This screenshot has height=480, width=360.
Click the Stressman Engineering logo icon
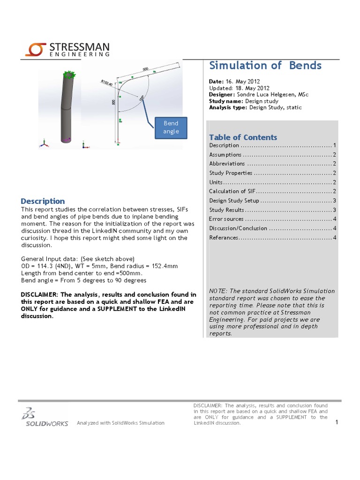point(35,49)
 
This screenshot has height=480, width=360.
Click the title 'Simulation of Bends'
point(265,65)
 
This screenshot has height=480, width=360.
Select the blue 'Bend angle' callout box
point(171,127)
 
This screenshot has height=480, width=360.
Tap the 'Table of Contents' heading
point(243,137)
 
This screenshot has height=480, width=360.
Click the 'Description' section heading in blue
point(43,201)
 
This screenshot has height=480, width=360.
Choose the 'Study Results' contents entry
point(226,210)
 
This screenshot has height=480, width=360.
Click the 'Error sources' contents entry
point(226,219)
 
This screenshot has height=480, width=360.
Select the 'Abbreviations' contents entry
point(227,164)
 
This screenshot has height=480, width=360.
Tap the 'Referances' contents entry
point(224,238)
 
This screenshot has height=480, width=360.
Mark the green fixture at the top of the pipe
point(69,74)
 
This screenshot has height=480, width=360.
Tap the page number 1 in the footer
point(337,423)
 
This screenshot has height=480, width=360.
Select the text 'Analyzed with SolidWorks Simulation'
point(120,423)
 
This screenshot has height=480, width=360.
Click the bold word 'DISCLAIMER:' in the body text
point(39,294)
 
